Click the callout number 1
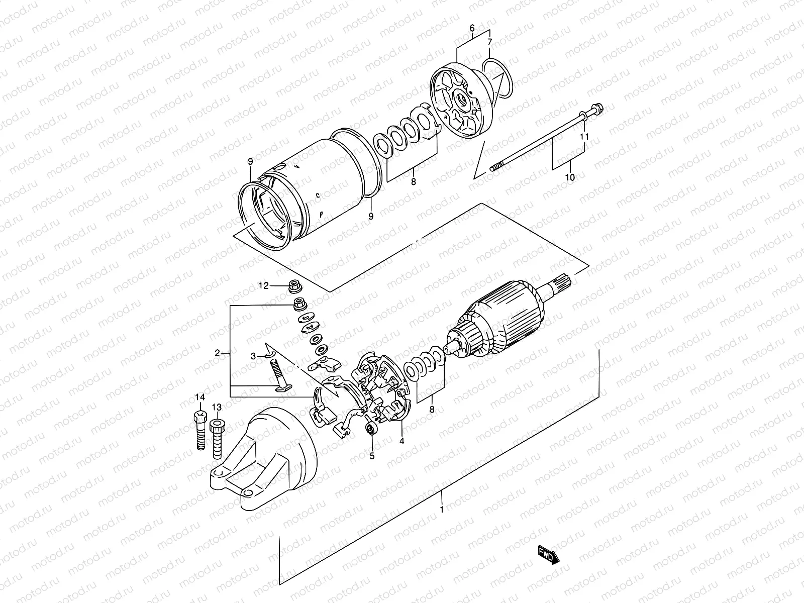(441, 510)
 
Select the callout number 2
(218, 353)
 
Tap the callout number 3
(254, 356)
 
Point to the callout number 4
(401, 441)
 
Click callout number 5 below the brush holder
(372, 456)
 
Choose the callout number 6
(472, 29)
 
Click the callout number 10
(570, 177)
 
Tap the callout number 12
(264, 286)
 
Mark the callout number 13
(217, 407)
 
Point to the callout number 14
(200, 397)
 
